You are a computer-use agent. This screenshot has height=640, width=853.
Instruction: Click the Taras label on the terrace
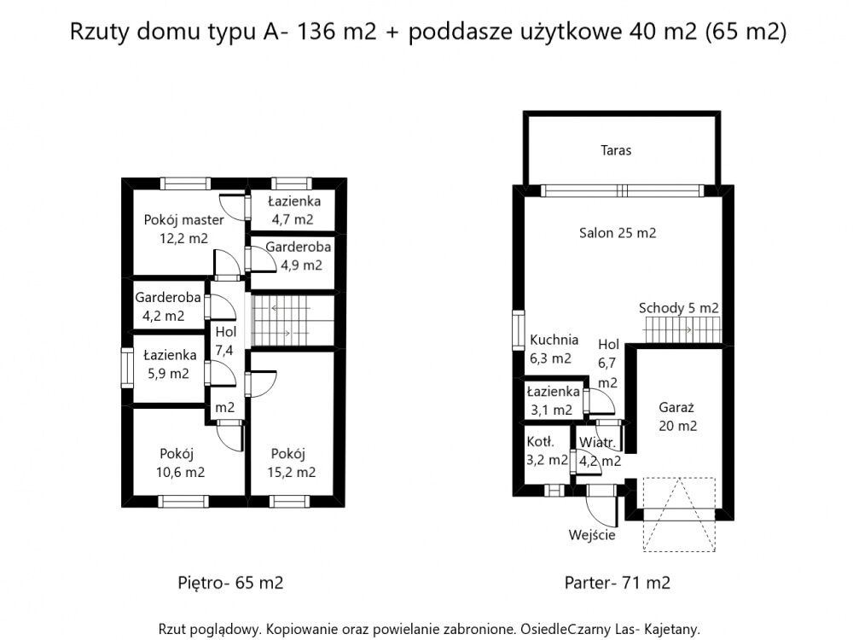[616, 150]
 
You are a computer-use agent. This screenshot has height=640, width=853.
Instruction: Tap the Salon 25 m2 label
[618, 233]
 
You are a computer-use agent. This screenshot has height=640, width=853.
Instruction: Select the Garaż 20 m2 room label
[677, 416]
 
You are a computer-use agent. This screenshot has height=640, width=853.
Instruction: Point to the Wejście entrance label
[592, 536]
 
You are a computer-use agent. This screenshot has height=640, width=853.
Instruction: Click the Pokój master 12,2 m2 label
[184, 229]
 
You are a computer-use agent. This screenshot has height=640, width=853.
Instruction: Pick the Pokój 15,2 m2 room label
[291, 463]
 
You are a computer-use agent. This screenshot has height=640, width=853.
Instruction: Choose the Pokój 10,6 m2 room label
[180, 463]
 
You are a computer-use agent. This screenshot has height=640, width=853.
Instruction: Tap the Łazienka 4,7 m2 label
[293, 210]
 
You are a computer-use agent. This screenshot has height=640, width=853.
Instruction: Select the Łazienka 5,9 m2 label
[169, 364]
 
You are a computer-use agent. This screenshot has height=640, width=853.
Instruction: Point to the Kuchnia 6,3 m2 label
[554, 349]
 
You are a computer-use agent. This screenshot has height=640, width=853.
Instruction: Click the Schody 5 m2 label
[678, 308]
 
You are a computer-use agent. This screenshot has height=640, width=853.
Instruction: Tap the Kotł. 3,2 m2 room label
[547, 451]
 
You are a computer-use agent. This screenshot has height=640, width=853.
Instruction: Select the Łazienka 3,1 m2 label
[553, 400]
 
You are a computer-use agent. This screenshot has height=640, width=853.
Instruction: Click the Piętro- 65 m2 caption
[230, 583]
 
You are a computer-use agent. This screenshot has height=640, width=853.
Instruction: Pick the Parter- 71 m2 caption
[618, 583]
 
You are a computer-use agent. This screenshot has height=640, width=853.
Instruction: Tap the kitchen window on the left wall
[519, 330]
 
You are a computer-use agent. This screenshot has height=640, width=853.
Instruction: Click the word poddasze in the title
[461, 32]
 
